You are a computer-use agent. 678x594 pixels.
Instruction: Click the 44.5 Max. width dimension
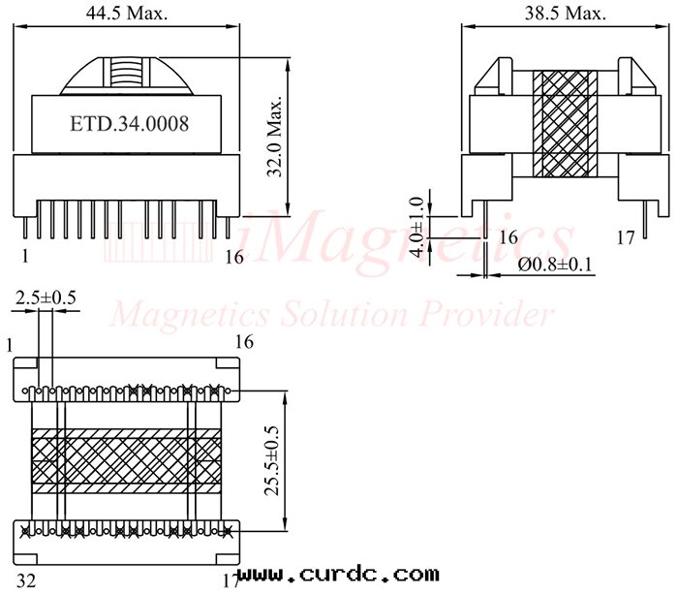[126, 15]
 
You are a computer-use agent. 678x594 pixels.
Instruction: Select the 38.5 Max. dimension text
[567, 15]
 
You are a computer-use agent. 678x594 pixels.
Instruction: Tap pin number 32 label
[26, 581]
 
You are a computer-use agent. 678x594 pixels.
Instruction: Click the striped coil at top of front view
[121, 74]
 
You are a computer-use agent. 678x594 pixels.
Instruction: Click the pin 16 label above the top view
[243, 342]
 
